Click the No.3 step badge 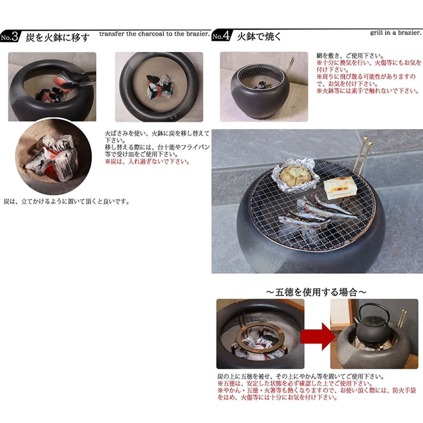coord(10,36)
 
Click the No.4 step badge coord(222,36)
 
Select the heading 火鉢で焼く coord(259,36)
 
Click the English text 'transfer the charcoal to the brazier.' coord(154,34)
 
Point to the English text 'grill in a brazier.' coord(396,33)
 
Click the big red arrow coord(318,336)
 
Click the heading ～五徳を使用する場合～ coord(316,292)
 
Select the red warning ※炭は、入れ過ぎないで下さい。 coord(147,162)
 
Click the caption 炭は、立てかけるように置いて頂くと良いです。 coord(66,201)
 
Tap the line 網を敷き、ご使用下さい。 coord(350,56)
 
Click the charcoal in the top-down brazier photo coord(160,86)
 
